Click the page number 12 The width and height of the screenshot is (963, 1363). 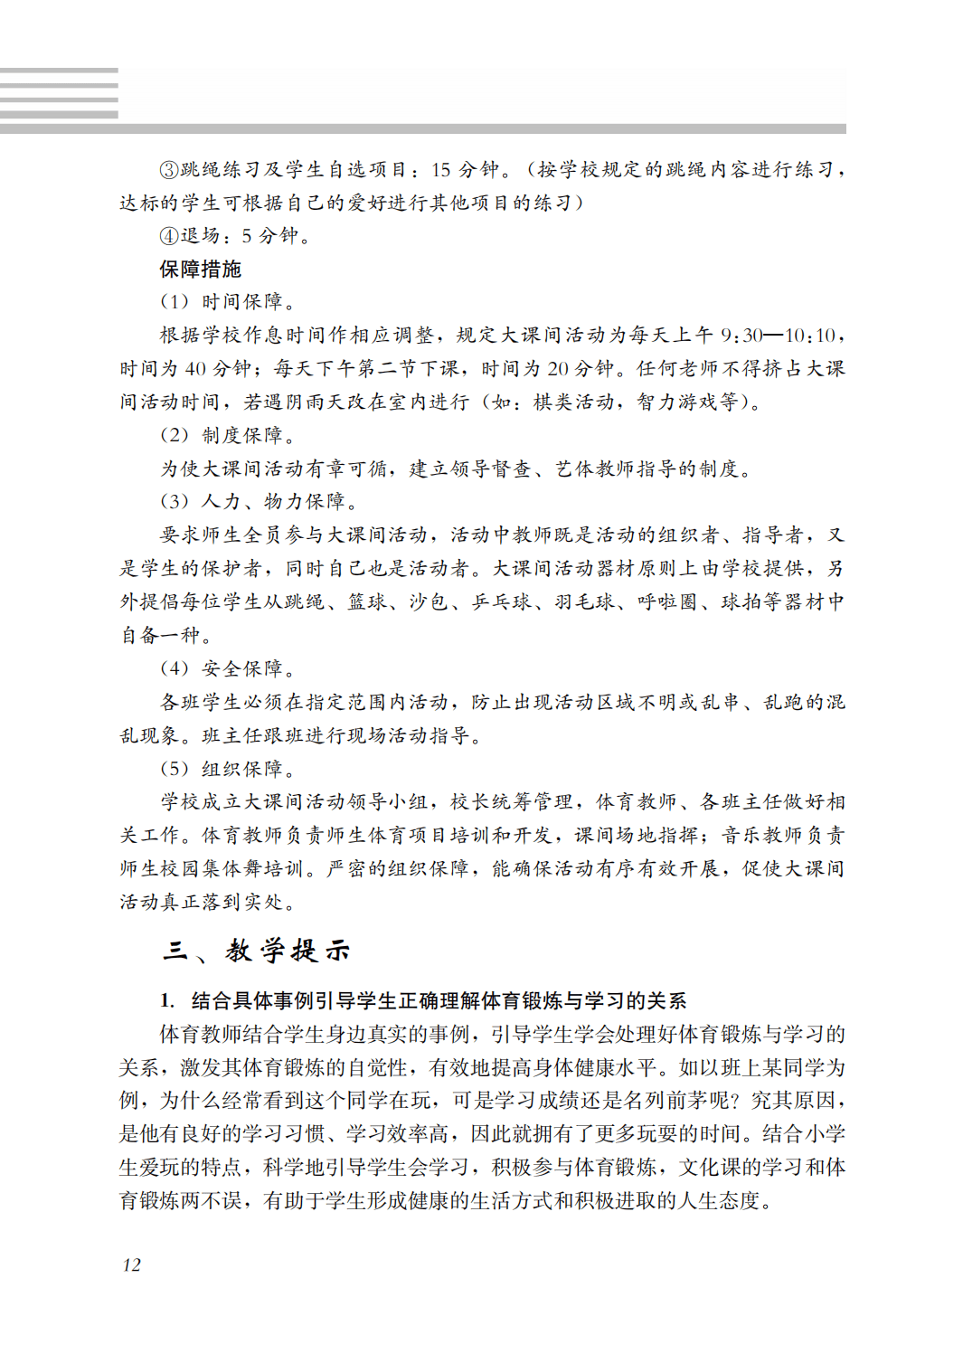tap(131, 1264)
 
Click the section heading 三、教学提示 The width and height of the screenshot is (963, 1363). tap(256, 951)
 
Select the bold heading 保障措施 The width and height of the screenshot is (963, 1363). tap(200, 269)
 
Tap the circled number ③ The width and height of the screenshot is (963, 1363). tap(169, 169)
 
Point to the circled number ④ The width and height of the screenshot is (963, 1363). tap(169, 236)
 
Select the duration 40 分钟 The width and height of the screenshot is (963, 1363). tap(217, 369)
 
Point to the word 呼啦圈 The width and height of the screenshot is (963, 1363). tap(667, 602)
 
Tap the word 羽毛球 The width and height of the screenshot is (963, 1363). tap(584, 602)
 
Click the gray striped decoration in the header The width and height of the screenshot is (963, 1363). tap(59, 93)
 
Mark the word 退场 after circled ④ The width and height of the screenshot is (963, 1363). tap(200, 236)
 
